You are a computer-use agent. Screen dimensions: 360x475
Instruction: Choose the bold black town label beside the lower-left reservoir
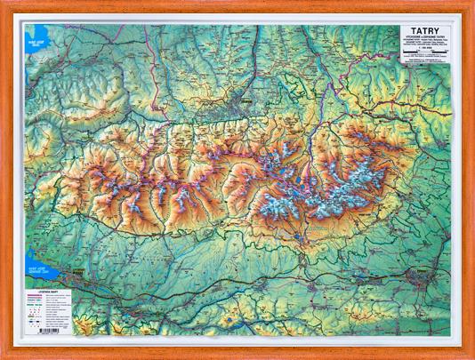click(x=77, y=274)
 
